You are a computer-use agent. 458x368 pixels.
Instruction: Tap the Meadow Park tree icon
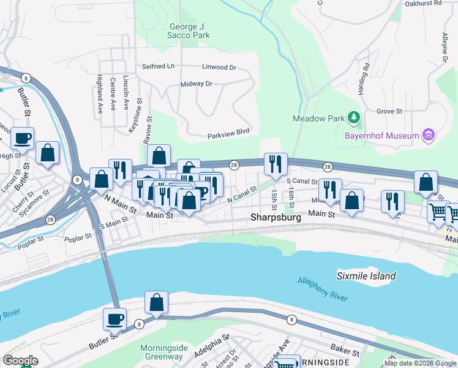(x=353, y=117)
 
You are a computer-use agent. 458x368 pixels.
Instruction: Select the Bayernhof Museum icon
(x=429, y=135)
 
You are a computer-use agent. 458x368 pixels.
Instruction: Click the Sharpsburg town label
(x=277, y=218)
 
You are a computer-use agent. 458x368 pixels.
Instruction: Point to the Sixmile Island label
(x=366, y=276)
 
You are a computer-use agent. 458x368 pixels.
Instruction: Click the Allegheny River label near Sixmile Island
(x=322, y=289)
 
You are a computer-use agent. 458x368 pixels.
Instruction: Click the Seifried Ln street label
(x=158, y=66)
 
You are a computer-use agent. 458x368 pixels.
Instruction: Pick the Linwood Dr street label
(x=219, y=67)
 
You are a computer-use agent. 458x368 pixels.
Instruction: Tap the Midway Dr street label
(x=196, y=83)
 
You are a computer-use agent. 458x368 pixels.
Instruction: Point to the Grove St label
(x=389, y=111)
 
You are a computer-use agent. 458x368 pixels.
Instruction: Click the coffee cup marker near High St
(x=23, y=139)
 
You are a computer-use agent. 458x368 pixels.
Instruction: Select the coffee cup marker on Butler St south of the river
(x=114, y=319)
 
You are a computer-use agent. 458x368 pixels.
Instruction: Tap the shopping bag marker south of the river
(x=156, y=302)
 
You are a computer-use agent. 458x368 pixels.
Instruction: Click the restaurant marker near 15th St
(x=275, y=164)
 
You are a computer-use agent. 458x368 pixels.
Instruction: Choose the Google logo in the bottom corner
(x=20, y=361)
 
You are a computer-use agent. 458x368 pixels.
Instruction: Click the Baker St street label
(x=347, y=351)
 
